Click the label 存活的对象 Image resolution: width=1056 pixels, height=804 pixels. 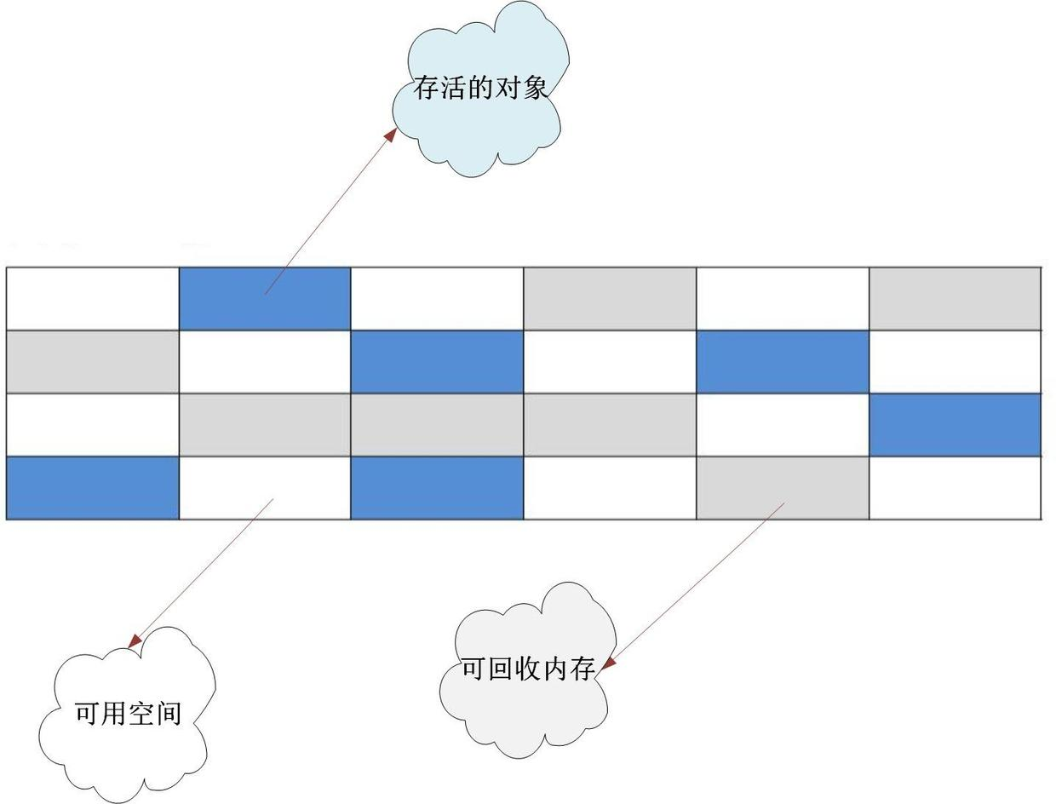(x=481, y=87)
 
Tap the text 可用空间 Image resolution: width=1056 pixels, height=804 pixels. (x=128, y=712)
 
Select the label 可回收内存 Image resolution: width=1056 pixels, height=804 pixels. (x=528, y=668)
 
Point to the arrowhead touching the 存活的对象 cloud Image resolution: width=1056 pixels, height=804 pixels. (x=391, y=135)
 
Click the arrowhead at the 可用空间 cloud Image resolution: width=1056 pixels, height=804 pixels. (x=135, y=640)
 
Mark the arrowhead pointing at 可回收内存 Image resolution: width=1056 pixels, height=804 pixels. (x=607, y=663)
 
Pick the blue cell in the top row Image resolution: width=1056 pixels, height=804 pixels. (x=265, y=298)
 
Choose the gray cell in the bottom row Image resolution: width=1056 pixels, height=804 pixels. (x=783, y=488)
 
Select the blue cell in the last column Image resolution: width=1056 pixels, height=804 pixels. (x=955, y=424)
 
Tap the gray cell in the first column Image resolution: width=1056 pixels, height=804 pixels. (x=92, y=361)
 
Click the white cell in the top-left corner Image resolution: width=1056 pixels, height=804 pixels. (x=92, y=298)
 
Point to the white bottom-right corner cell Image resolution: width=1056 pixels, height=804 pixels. (x=955, y=488)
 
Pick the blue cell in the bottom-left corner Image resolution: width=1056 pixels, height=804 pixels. (x=92, y=488)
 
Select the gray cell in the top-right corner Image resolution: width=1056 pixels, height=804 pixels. (x=955, y=298)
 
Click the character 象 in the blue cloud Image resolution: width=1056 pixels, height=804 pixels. (x=536, y=87)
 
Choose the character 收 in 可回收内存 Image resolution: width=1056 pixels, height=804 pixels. (x=528, y=668)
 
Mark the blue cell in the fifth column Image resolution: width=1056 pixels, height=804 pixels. (x=783, y=361)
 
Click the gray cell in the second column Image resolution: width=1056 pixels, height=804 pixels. (x=265, y=424)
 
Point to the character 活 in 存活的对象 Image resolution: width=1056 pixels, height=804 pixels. (x=454, y=87)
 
